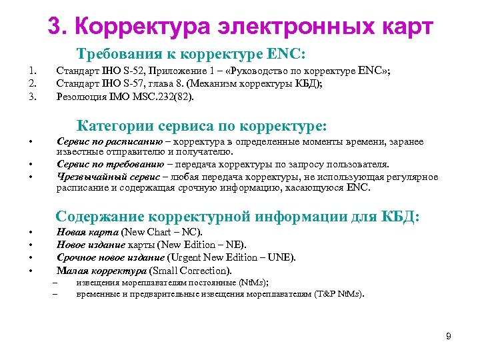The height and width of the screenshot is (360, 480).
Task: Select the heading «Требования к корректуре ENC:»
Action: pyautogui.click(x=191, y=53)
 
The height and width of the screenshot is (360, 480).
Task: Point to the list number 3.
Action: pyautogui.click(x=30, y=97)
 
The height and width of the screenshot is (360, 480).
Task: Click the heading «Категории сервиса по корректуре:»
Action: pyautogui.click(x=202, y=125)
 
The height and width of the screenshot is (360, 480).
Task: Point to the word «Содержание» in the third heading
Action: pyautogui.click(x=100, y=217)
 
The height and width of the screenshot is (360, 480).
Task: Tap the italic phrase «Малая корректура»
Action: pyautogui.click(x=101, y=270)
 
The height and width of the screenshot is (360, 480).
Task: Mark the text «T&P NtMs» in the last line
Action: pyautogui.click(x=339, y=294)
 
